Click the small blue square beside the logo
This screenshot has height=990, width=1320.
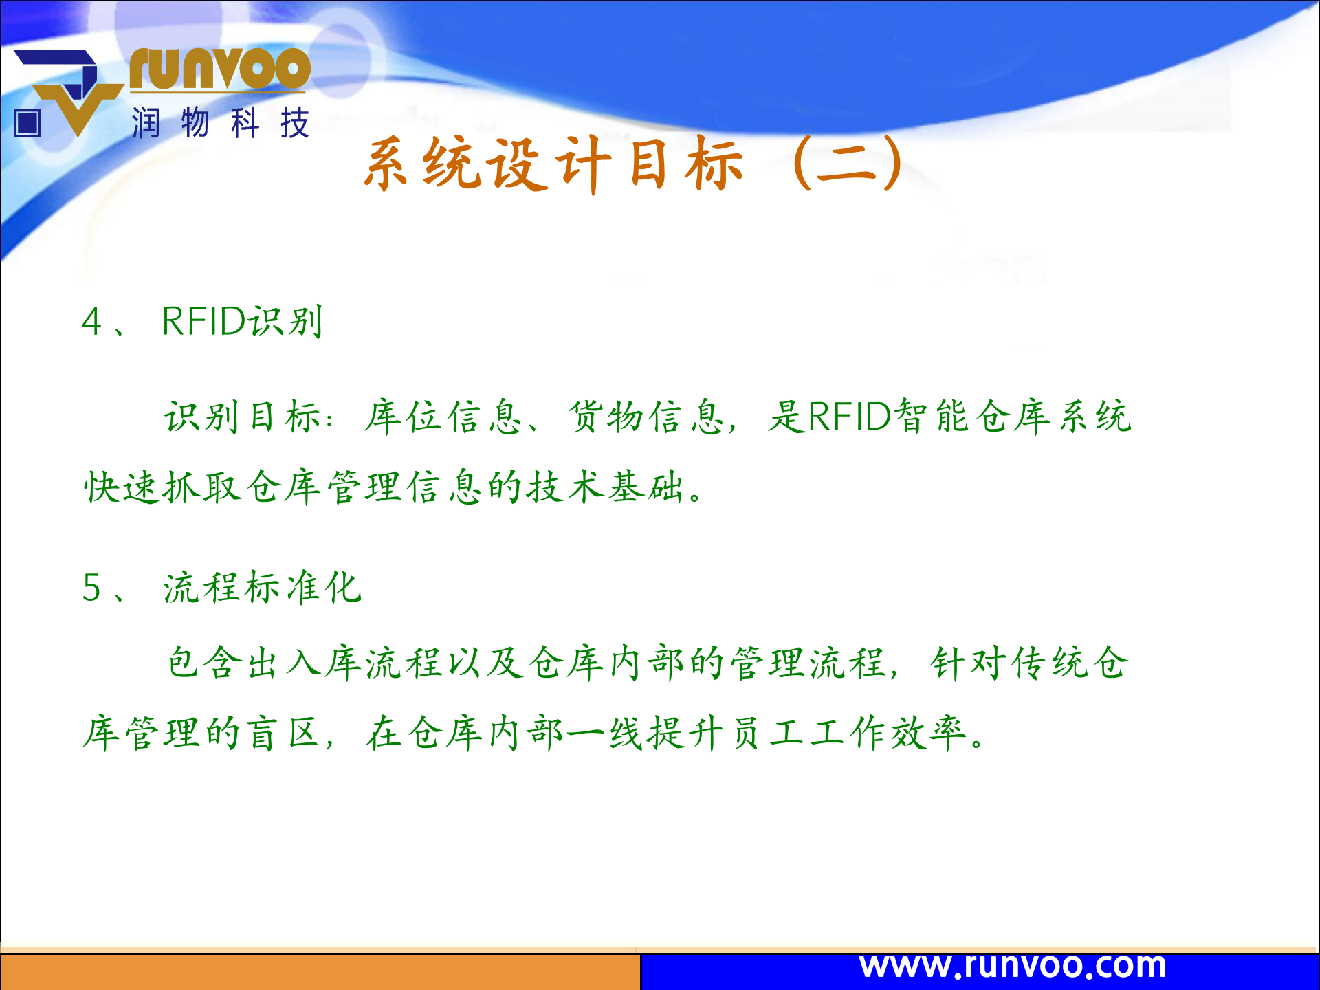(27, 124)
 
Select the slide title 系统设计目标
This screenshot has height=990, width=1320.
(553, 164)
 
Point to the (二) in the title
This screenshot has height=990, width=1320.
(847, 164)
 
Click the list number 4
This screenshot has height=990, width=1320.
(91, 322)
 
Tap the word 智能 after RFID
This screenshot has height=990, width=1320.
(932, 417)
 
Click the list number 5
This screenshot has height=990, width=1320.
(91, 588)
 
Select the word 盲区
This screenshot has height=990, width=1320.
(283, 734)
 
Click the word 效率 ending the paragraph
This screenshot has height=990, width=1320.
(929, 734)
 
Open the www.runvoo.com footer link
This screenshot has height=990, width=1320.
(1013, 966)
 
